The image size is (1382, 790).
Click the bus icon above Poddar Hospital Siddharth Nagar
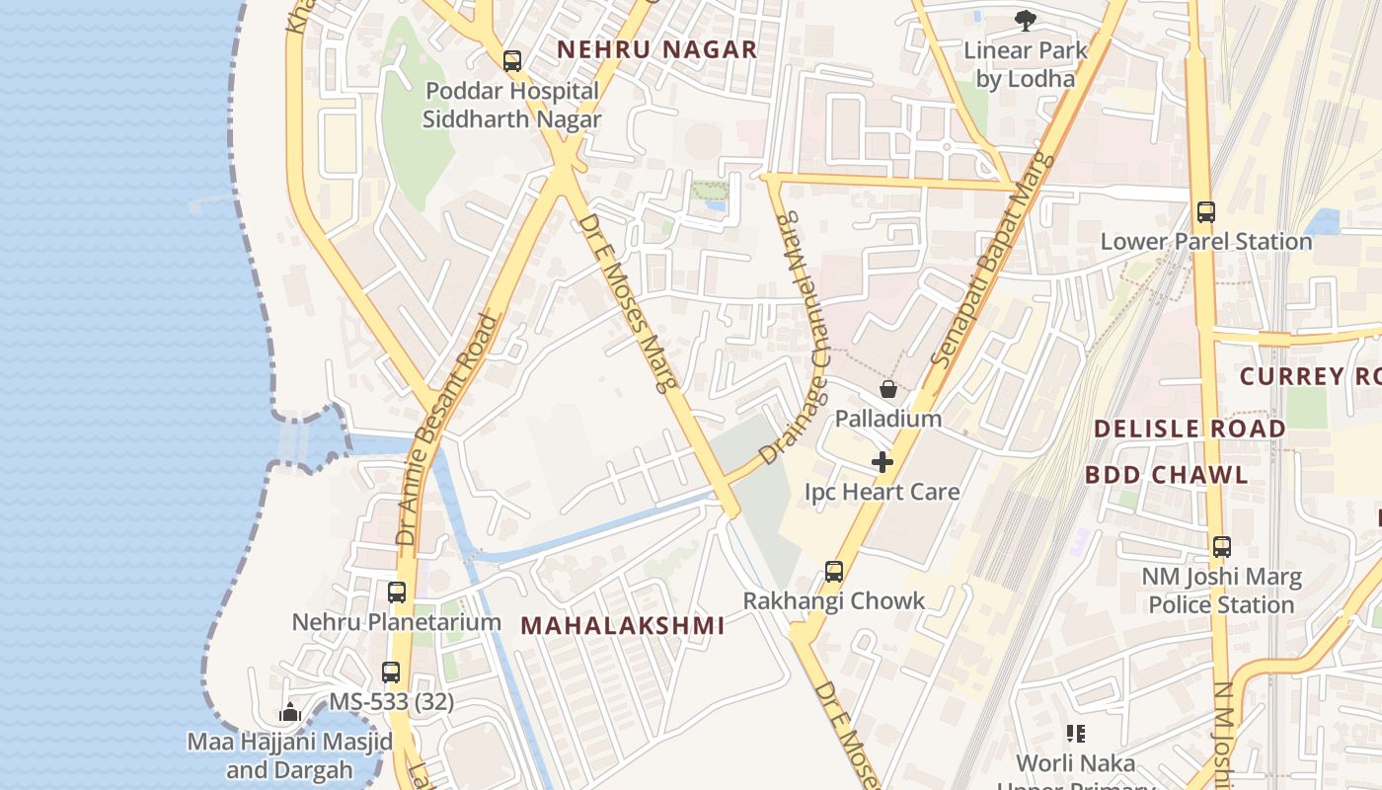pos(511,61)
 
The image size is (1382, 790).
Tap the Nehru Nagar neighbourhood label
pos(657,49)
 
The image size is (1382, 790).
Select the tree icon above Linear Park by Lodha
pos(1026,19)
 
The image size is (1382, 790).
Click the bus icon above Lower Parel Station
pos(1205,211)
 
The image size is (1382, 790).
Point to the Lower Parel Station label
pos(1205,242)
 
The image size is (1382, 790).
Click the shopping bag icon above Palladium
pos(888,389)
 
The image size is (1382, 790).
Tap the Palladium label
pos(888,419)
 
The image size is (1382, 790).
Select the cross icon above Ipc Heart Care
pos(883,461)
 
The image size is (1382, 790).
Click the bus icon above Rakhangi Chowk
pos(834,571)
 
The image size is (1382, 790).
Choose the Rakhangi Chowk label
pos(834,600)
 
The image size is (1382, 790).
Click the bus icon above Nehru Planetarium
pos(397,592)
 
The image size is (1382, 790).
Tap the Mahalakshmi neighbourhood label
pos(623,625)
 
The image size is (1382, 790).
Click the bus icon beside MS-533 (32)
pos(391,672)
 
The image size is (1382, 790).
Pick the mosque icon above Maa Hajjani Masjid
pos(289,712)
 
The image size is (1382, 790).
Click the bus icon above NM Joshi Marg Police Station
pos(1222,546)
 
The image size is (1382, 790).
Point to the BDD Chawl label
pos(1167,475)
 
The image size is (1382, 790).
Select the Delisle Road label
pos(1190,429)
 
